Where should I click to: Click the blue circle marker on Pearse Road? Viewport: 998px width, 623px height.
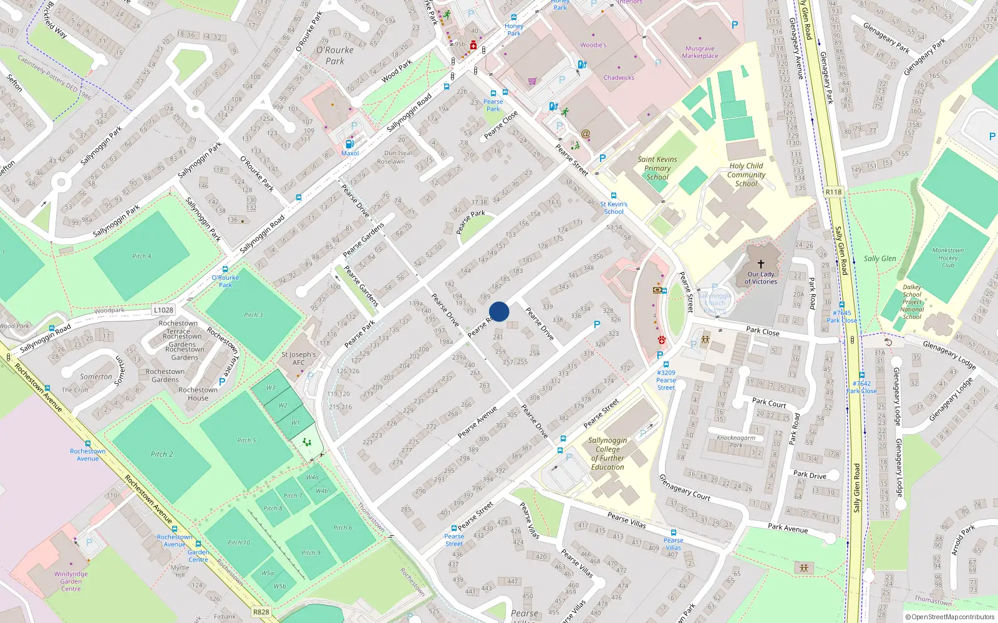(499, 311)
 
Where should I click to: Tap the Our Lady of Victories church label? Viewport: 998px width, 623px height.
(760, 278)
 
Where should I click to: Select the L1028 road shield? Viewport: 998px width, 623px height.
(163, 310)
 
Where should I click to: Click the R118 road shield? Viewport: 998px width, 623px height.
(833, 192)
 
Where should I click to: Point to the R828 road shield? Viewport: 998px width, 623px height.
(261, 612)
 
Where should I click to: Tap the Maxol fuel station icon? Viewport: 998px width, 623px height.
(349, 145)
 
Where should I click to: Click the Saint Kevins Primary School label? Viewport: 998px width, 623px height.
(657, 168)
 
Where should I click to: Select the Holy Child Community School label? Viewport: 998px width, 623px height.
(746, 174)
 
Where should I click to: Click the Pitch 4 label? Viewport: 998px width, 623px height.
(142, 256)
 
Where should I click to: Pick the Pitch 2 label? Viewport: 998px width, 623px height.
(162, 454)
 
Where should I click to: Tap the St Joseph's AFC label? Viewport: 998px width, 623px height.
(298, 358)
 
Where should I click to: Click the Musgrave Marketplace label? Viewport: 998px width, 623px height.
(700, 52)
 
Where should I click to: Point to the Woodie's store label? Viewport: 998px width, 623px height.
(593, 45)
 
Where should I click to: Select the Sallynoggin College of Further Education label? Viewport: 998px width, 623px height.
(608, 454)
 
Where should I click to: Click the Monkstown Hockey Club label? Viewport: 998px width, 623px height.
(947, 257)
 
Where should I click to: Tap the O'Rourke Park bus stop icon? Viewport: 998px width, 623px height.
(225, 269)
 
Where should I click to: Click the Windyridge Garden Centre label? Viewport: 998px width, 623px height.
(71, 581)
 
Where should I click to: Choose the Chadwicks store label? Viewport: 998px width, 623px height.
(619, 78)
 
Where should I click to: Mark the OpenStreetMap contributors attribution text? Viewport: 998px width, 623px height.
(949, 617)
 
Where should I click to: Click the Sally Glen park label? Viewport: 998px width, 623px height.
(879, 259)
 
